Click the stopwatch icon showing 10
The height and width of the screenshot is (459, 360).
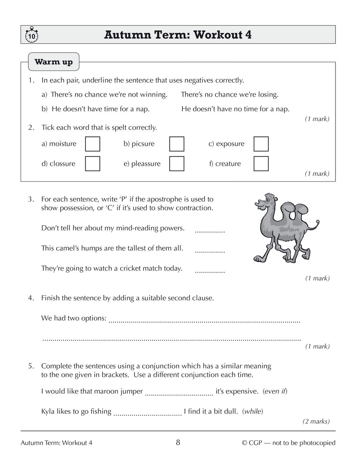click(x=32, y=35)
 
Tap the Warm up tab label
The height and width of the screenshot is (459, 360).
click(x=54, y=62)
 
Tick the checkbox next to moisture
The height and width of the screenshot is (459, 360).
click(x=93, y=144)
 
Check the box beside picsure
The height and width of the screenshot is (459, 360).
click(x=177, y=144)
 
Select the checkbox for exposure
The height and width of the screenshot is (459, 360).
click(x=261, y=144)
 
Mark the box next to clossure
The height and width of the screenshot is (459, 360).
click(x=93, y=164)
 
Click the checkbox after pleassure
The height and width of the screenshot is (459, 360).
click(x=177, y=164)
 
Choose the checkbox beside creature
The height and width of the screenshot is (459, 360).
click(x=261, y=164)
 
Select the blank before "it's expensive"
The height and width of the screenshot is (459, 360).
click(x=179, y=393)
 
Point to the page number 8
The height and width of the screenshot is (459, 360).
click(x=178, y=442)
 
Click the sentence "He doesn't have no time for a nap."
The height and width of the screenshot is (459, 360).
click(x=235, y=109)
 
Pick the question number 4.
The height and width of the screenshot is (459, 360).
click(x=31, y=298)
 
